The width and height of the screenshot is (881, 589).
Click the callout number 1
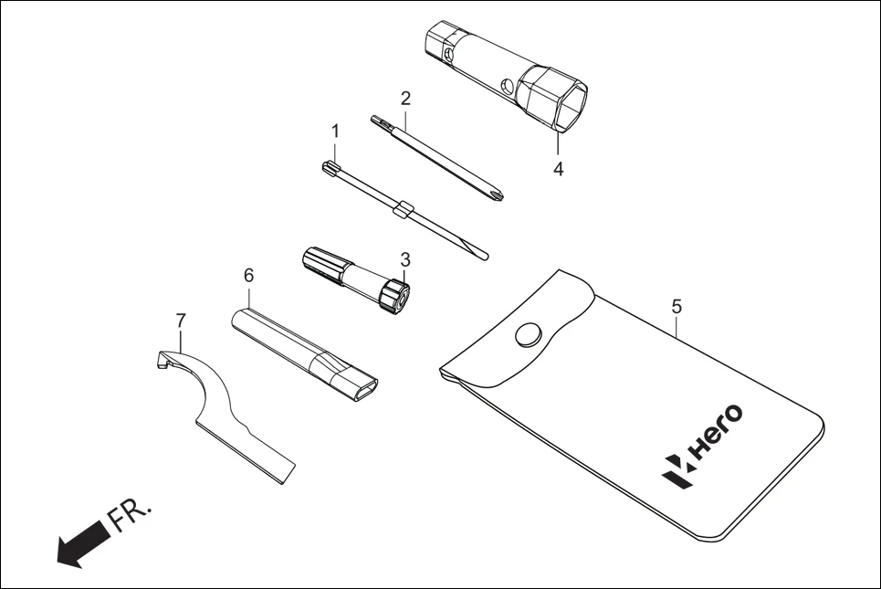[335, 131]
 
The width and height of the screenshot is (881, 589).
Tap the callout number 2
[406, 98]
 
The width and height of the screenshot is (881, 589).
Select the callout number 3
[405, 260]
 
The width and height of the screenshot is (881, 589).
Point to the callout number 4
[558, 169]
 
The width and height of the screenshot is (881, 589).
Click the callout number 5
[676, 307]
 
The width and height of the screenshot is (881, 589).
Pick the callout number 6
[248, 274]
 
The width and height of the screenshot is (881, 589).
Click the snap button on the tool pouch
[528, 334]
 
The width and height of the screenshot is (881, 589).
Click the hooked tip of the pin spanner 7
[161, 362]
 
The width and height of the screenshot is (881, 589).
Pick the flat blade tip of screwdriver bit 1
[479, 252]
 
